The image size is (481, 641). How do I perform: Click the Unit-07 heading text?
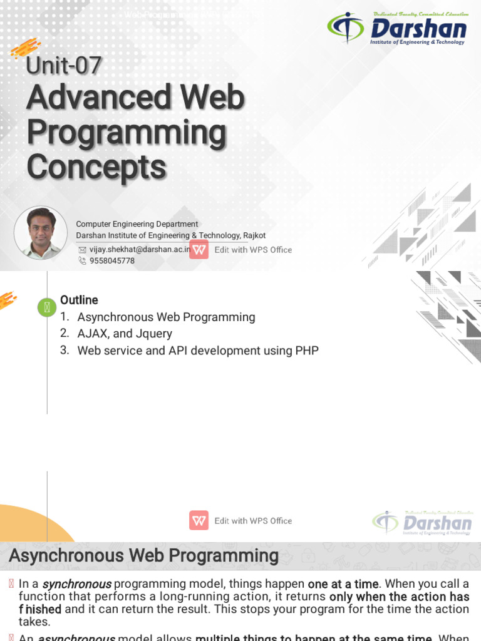[x=63, y=66]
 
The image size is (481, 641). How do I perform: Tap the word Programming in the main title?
[x=126, y=133]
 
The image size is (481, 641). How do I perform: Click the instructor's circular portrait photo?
[x=41, y=233]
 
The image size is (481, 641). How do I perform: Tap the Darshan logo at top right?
[x=398, y=28]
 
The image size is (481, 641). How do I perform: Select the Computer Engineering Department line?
[x=137, y=224]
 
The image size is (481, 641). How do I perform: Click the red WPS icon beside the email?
[x=199, y=249]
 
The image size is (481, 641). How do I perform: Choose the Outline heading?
[x=79, y=300]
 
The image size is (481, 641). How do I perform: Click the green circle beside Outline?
[x=47, y=307]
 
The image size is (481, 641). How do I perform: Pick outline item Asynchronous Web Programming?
[x=166, y=317]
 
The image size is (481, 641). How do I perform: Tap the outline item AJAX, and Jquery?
[x=124, y=334]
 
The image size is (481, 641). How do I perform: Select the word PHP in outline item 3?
[x=307, y=351]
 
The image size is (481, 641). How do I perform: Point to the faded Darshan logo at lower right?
[x=423, y=523]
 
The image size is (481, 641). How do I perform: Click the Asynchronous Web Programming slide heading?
[x=143, y=556]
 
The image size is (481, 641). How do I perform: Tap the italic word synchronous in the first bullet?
[x=76, y=584]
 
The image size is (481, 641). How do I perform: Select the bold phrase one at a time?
[x=343, y=584]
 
